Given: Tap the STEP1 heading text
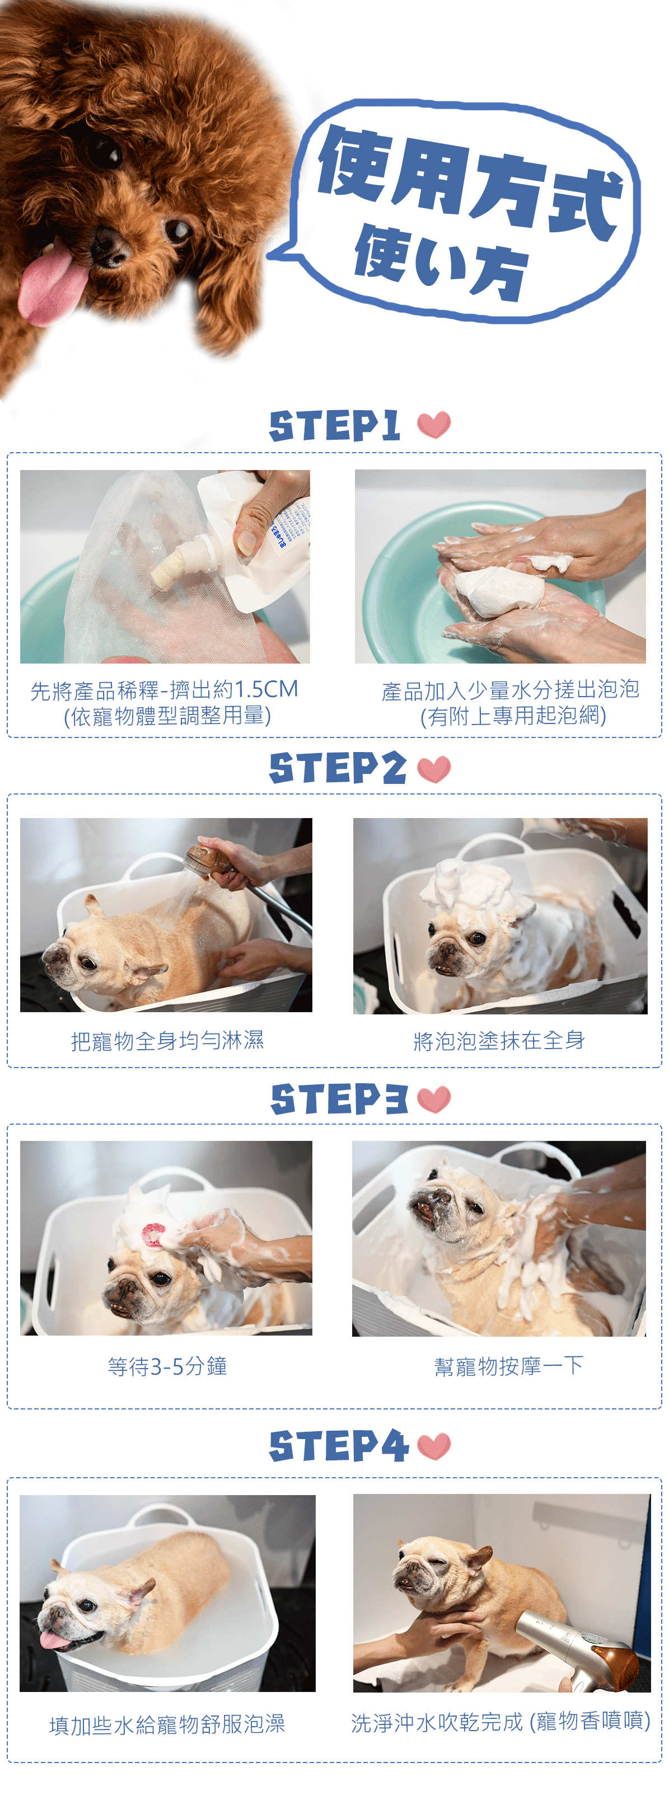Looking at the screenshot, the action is click(334, 426).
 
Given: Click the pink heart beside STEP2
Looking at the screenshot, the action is click(433, 769).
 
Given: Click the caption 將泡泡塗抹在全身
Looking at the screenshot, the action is click(499, 1041).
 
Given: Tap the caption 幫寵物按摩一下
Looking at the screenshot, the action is click(508, 1366).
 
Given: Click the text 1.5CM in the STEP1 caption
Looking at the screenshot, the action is click(266, 690).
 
